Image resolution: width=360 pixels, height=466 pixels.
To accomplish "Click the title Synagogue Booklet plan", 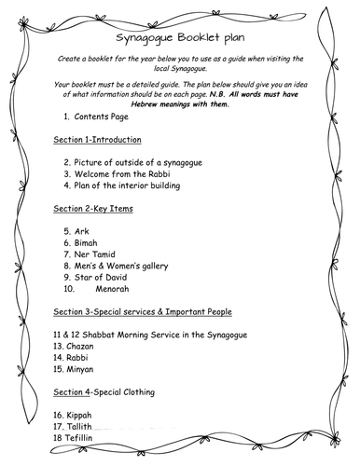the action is [180, 40].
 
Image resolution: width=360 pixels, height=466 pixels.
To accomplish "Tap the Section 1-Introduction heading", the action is [97, 140].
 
